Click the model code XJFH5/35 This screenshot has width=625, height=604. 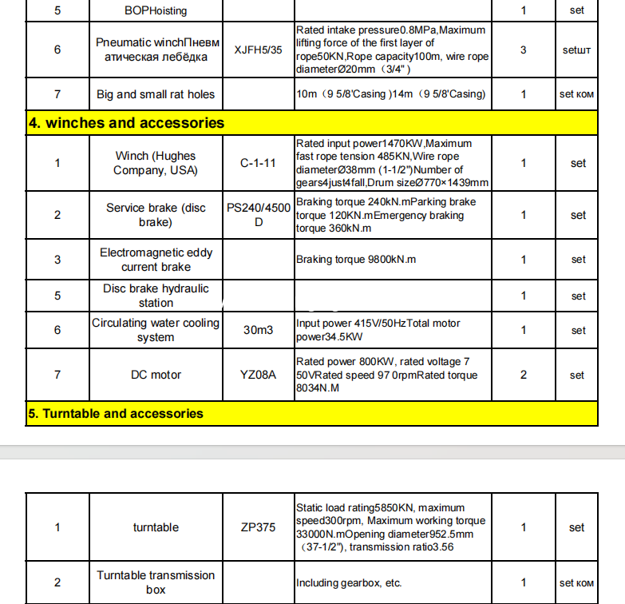pos(258,50)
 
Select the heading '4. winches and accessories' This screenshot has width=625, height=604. pos(127,123)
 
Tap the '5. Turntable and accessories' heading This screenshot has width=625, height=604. pos(116,414)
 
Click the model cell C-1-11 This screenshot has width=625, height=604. pos(258,163)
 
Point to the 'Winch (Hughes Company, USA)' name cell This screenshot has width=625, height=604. pos(155,163)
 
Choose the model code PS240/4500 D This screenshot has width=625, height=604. pos(258,215)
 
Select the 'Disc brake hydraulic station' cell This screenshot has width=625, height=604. pos(156,296)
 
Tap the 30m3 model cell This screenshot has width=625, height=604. pos(258,330)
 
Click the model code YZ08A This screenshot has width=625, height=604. pos(258,375)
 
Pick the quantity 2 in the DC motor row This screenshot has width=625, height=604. pos(523,375)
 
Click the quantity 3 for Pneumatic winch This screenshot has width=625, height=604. pos(523,50)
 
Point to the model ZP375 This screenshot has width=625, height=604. pos(258,527)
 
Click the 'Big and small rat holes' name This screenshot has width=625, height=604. pos(156,94)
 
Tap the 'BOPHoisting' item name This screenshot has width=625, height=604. pos(156,11)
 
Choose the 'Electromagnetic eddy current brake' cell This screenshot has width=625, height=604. pos(156,260)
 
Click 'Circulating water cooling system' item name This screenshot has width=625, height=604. pos(156,330)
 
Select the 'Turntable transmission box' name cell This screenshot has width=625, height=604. pos(156,582)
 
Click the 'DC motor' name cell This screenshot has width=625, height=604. pos(156,375)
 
